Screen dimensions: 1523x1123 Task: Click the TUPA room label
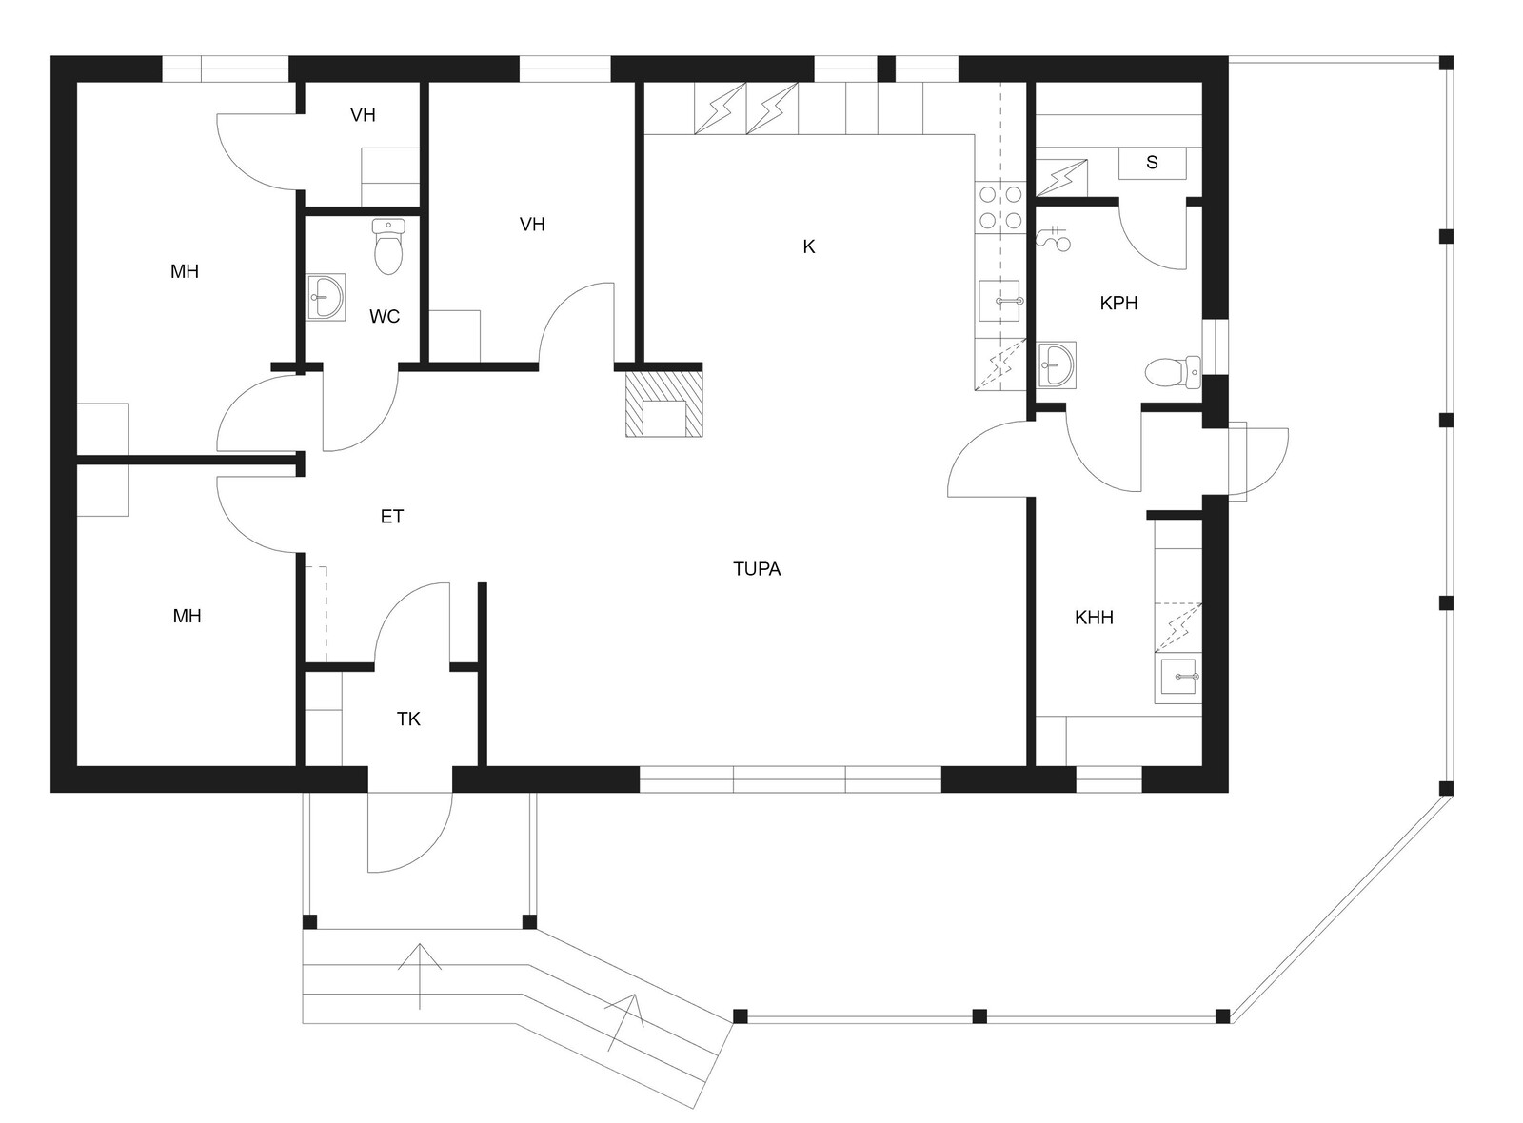[757, 569]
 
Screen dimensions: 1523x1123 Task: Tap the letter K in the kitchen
[808, 246]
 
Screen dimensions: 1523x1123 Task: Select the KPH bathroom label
[1118, 304]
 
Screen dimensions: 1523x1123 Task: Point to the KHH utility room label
[1094, 618]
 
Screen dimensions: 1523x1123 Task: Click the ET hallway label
[392, 517]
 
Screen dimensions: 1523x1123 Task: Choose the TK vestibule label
[408, 719]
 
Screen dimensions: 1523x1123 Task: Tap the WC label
[385, 316]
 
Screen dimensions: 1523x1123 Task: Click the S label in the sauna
[1152, 163]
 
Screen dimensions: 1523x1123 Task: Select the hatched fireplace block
[664, 400]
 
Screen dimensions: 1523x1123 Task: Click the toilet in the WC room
[388, 246]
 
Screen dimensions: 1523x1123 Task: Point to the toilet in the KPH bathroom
[1173, 372]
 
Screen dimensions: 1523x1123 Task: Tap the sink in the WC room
[326, 296]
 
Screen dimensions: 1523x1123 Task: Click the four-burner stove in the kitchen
[1000, 207]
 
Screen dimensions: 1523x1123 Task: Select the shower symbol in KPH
[1053, 238]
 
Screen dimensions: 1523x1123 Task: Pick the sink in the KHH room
[1178, 678]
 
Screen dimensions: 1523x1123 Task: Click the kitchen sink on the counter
[1000, 301]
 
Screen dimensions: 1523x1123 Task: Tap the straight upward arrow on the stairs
[420, 976]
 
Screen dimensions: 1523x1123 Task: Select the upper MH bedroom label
[185, 272]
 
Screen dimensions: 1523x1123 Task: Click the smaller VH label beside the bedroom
[363, 115]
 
